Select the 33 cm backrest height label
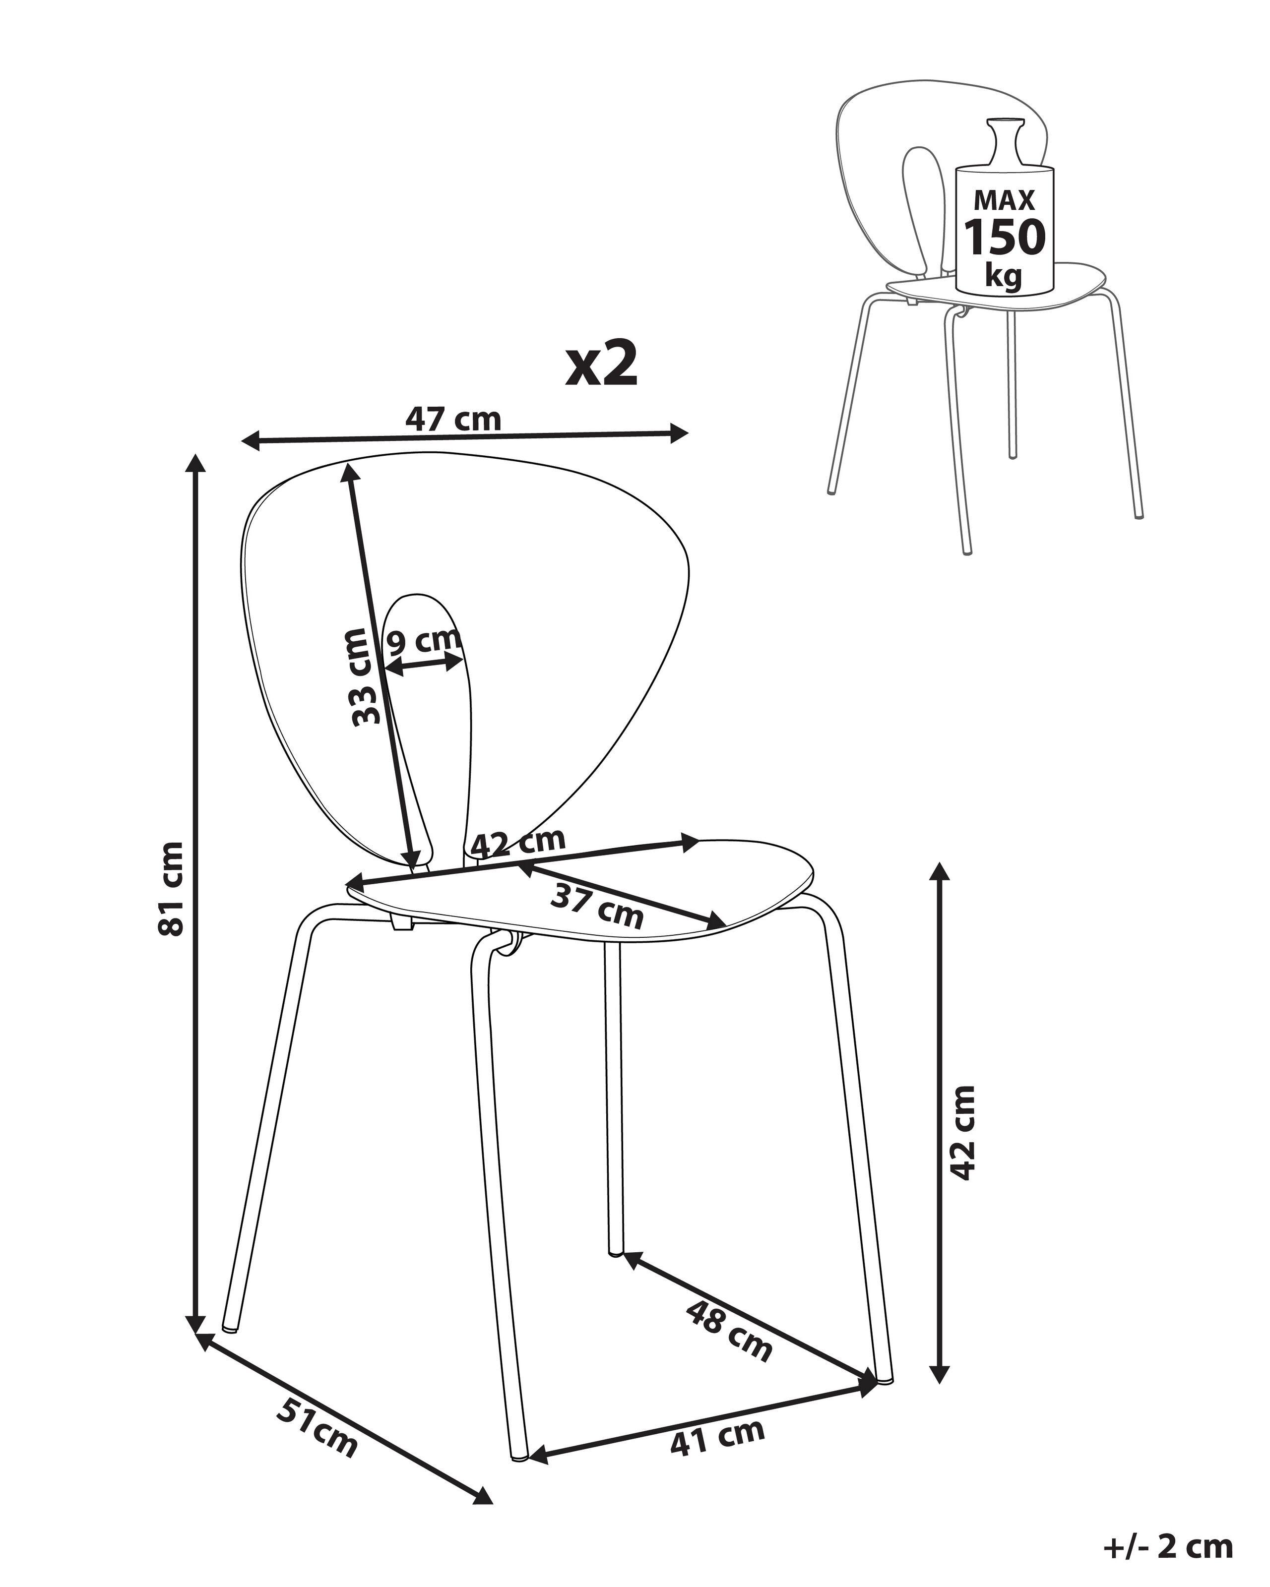pos(366,676)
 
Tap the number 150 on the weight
pos(1004,237)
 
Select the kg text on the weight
pos(1004,276)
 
